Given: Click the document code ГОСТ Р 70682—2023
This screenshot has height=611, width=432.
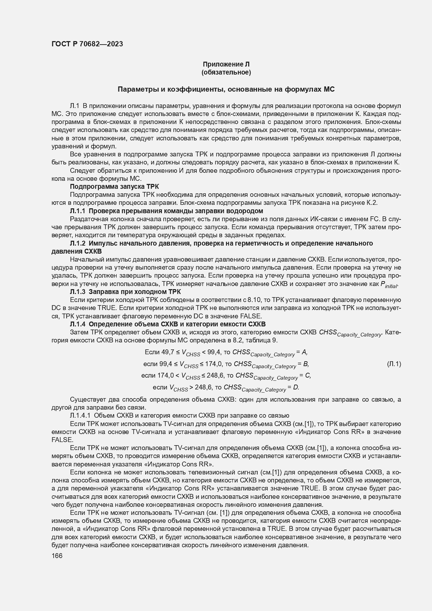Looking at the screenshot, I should pyautogui.click(x=87, y=44).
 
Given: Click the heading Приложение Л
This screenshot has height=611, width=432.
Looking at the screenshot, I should pyautogui.click(x=226, y=64).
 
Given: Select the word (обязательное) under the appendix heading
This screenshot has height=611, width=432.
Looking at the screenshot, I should pyautogui.click(x=226, y=72).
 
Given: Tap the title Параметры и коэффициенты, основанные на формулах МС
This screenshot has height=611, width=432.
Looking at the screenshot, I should pyautogui.click(x=226, y=89).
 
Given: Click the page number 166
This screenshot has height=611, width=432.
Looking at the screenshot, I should pyautogui.click(x=57, y=556).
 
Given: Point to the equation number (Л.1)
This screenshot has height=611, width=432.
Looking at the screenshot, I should pyautogui.click(x=394, y=364).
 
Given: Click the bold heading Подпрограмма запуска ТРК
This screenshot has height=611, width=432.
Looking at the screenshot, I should pyautogui.click(x=114, y=186).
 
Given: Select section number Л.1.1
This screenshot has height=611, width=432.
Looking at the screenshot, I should pyautogui.click(x=78, y=211).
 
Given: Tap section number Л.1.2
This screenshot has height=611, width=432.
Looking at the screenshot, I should pyautogui.click(x=78, y=243).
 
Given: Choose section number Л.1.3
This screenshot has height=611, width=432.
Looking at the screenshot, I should pyautogui.click(x=78, y=292).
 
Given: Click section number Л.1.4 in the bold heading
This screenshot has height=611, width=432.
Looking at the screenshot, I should pyautogui.click(x=78, y=324).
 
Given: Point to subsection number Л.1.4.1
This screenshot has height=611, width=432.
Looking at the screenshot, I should pyautogui.click(x=80, y=415).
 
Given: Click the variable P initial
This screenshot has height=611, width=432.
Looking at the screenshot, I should pyautogui.click(x=390, y=284).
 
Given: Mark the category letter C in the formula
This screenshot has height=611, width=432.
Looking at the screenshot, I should pyautogui.click(x=307, y=376).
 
